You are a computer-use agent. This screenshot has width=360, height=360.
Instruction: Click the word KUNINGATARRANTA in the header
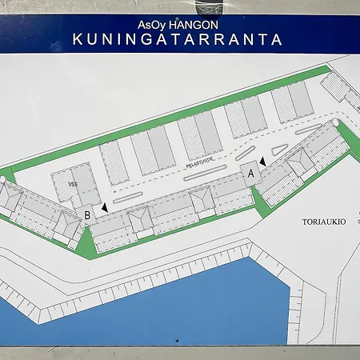[x=178, y=38]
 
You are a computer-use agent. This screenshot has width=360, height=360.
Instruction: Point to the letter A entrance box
[x=250, y=173]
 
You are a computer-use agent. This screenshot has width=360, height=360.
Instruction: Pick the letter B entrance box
[x=87, y=214]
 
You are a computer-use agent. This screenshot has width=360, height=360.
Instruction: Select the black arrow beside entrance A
[x=262, y=162]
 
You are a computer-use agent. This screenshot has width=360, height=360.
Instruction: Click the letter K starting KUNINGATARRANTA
[x=77, y=38]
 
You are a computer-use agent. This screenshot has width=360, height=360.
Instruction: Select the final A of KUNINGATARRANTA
[x=278, y=38]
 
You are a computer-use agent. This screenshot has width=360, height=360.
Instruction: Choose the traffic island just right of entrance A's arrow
[x=279, y=150]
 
